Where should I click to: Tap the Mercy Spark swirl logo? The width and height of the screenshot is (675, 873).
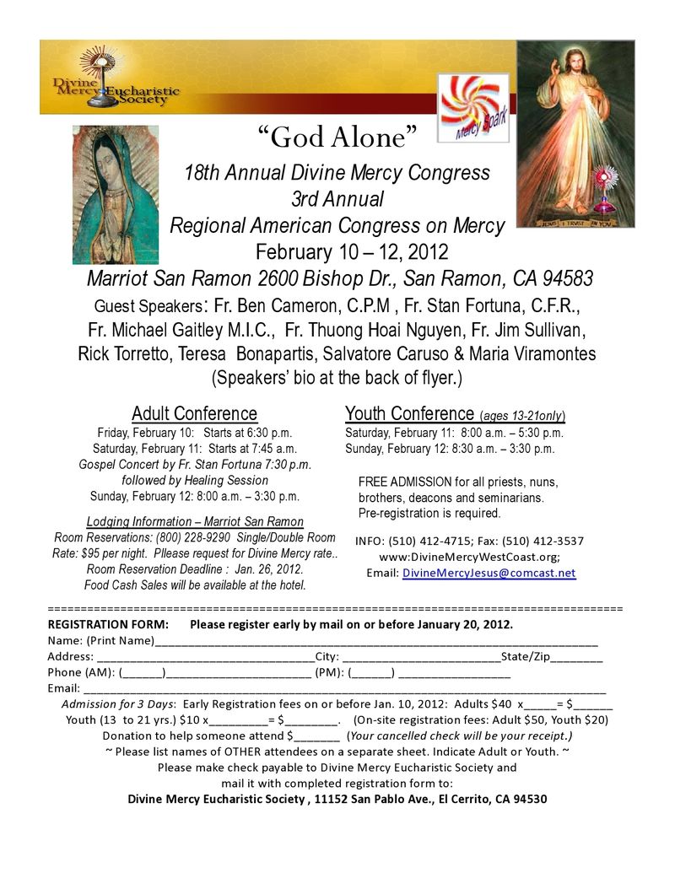point(473,107)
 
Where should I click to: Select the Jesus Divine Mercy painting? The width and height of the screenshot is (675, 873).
point(575,134)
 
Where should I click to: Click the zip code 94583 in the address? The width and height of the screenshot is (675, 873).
point(564,278)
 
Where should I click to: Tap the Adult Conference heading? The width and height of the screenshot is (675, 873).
point(194,413)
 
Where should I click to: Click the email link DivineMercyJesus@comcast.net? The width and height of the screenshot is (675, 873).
point(489,573)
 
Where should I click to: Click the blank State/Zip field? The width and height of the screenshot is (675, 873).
point(578,657)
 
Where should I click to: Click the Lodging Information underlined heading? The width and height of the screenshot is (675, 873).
point(195,521)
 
